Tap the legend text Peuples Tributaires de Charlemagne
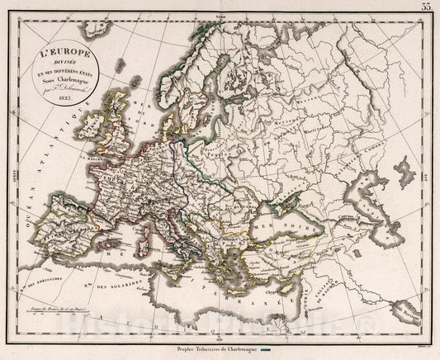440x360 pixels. (x=221, y=348)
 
